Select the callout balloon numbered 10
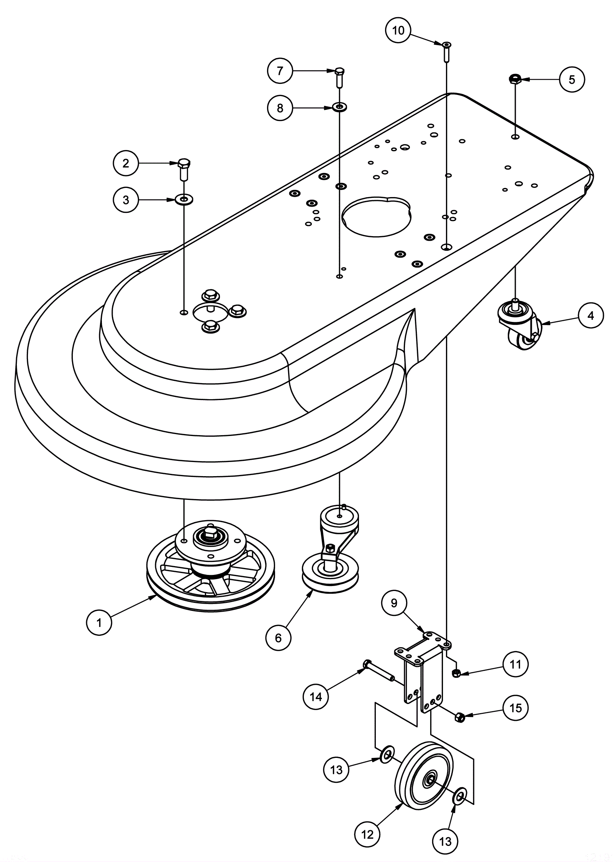pyautogui.click(x=398, y=30)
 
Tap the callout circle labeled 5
pyautogui.click(x=572, y=80)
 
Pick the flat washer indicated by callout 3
pyautogui.click(x=184, y=199)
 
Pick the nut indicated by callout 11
pyautogui.click(x=456, y=673)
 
